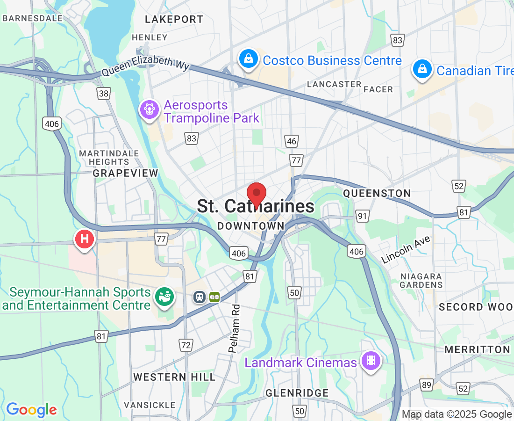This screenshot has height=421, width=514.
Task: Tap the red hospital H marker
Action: pyautogui.click(x=85, y=239)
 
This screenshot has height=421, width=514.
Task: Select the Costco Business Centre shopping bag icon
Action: pyautogui.click(x=249, y=59)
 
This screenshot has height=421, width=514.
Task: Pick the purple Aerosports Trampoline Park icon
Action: pyautogui.click(x=150, y=110)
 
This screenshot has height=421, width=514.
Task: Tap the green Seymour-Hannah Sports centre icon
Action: pyautogui.click(x=165, y=296)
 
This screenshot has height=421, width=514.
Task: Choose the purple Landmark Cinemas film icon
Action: pyautogui.click(x=371, y=361)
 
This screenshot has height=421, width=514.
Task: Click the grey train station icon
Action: pyautogui.click(x=200, y=297)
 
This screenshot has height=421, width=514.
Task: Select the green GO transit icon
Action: pyautogui.click(x=214, y=297)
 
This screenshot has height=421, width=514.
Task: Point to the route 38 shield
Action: pyautogui.click(x=104, y=94)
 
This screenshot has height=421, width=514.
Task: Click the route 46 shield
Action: pyautogui.click(x=292, y=141)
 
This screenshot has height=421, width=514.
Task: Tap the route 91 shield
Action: pyautogui.click(x=362, y=216)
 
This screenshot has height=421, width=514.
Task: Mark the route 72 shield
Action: pyautogui.click(x=186, y=345)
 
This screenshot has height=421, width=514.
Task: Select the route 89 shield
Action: pyautogui.click(x=426, y=385)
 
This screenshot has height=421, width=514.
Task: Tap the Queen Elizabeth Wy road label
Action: pyautogui.click(x=145, y=69)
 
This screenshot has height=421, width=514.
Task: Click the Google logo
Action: pyautogui.click(x=32, y=410)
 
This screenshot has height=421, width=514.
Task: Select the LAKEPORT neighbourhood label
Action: pyautogui.click(x=174, y=19)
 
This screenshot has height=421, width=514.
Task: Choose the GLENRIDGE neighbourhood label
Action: pyautogui.click(x=297, y=393)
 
